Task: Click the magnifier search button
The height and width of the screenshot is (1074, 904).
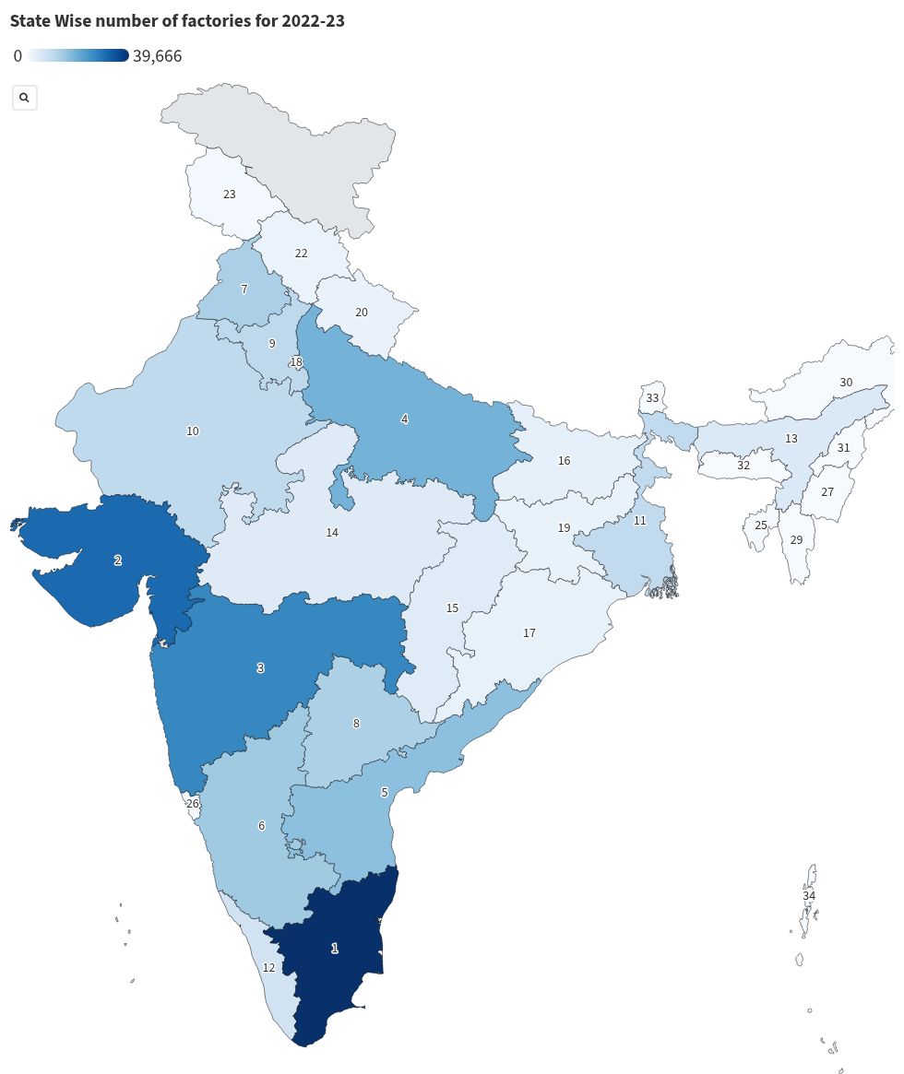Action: pyautogui.click(x=24, y=97)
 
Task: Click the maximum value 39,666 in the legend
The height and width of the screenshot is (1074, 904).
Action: pyautogui.click(x=157, y=56)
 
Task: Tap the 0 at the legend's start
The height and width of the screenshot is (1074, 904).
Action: pyautogui.click(x=18, y=56)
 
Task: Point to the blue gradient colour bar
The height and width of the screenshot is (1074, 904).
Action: pyautogui.click(x=77, y=56)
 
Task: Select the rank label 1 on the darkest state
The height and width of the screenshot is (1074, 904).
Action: pyautogui.click(x=335, y=948)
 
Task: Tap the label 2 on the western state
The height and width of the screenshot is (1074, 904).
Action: pyautogui.click(x=117, y=560)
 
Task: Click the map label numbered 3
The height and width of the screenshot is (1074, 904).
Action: pyautogui.click(x=260, y=667)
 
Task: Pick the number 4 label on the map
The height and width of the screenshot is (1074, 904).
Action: pyautogui.click(x=404, y=419)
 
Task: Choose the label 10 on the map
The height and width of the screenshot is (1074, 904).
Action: pyautogui.click(x=193, y=431)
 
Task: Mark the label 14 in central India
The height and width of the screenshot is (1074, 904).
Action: pyautogui.click(x=332, y=532)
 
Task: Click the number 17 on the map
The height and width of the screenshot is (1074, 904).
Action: pyautogui.click(x=529, y=632)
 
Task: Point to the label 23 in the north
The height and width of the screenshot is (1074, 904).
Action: pyautogui.click(x=230, y=195)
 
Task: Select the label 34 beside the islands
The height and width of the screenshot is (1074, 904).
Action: pyautogui.click(x=809, y=895)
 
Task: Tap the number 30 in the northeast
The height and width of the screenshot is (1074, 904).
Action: pyautogui.click(x=846, y=382)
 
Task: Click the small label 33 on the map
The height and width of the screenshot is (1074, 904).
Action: pyautogui.click(x=652, y=398)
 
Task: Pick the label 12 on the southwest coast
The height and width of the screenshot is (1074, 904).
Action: pyautogui.click(x=268, y=967)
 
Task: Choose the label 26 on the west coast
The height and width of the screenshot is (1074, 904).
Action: pyautogui.click(x=193, y=803)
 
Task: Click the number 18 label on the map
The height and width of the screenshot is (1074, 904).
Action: pyautogui.click(x=296, y=362)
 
